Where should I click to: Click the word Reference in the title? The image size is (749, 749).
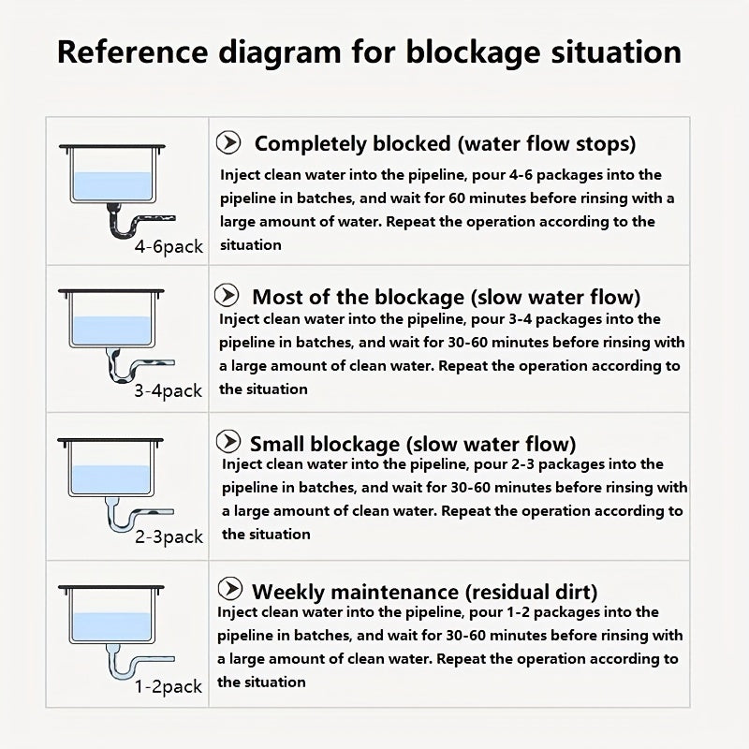pyautogui.click(x=132, y=51)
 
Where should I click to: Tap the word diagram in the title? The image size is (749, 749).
pyautogui.click(x=280, y=53)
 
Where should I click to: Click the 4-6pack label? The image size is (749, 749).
pyautogui.click(x=169, y=247)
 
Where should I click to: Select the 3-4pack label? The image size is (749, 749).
pyautogui.click(x=169, y=390)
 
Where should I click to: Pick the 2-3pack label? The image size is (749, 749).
pyautogui.click(x=169, y=536)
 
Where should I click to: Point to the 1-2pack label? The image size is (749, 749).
pyautogui.click(x=169, y=686)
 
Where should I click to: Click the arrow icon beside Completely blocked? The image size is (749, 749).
pyautogui.click(x=228, y=142)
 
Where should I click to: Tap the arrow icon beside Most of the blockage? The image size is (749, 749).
pyautogui.click(x=227, y=295)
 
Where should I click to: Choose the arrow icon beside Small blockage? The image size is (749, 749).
pyautogui.click(x=228, y=441)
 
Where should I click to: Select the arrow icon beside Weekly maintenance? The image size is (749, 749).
pyautogui.click(x=229, y=588)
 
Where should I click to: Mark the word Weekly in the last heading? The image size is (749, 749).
pyautogui.click(x=288, y=593)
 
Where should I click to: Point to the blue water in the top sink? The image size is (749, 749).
pyautogui.click(x=112, y=186)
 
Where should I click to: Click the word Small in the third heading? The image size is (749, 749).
pyautogui.click(x=277, y=444)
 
